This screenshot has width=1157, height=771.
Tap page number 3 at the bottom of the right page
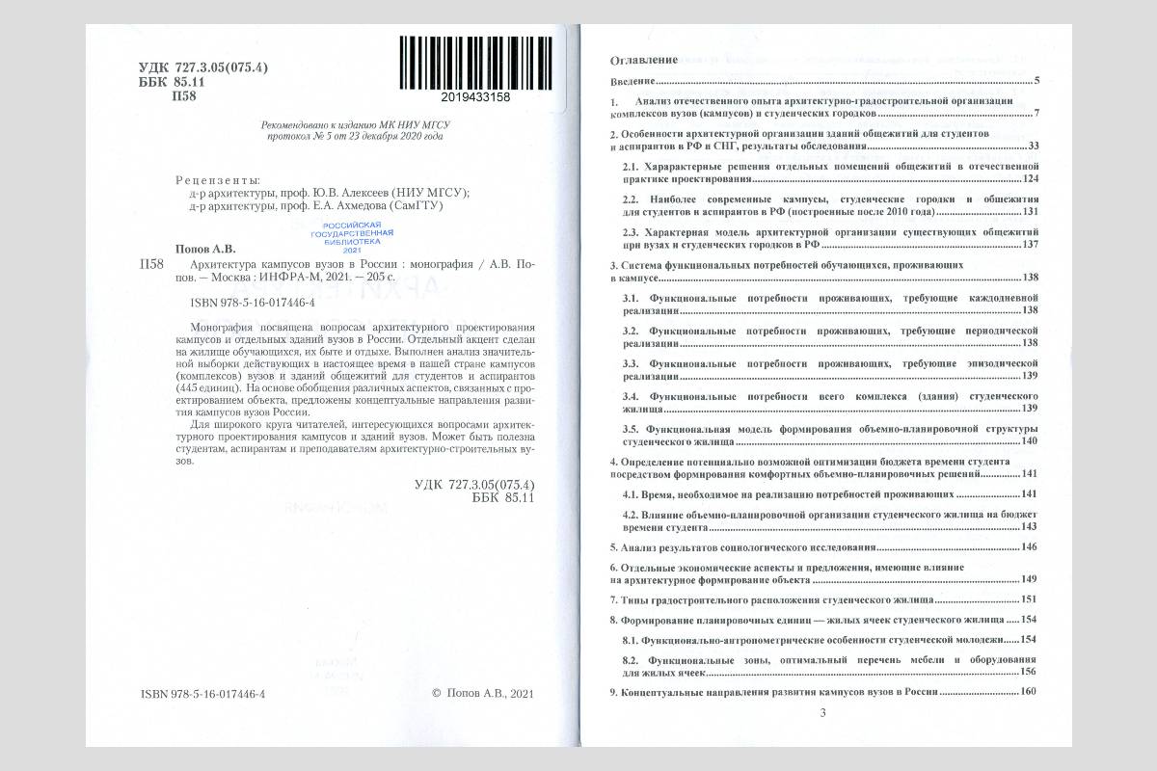click(822, 713)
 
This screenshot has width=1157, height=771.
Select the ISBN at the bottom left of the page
click(202, 693)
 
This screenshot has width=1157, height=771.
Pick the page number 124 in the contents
click(1029, 179)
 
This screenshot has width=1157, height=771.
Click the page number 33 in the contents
click(1032, 146)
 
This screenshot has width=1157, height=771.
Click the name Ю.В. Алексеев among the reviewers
click(356, 192)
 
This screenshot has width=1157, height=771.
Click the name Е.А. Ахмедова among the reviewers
click(356, 205)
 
